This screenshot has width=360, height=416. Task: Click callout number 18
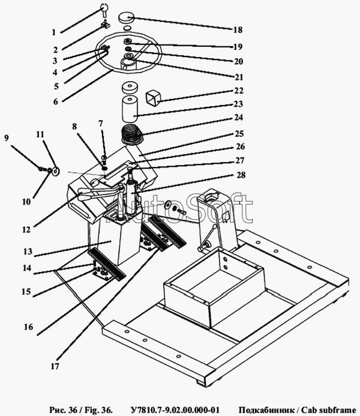(x=238, y=30)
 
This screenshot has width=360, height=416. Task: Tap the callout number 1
(x=54, y=32)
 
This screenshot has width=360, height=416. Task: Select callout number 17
(x=55, y=366)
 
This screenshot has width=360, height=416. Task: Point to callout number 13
(x=28, y=252)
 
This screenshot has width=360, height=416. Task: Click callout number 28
(x=241, y=175)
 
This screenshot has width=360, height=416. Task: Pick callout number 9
(x=7, y=137)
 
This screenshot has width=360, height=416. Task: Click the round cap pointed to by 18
(x=126, y=18)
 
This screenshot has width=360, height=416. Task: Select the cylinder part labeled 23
(x=130, y=109)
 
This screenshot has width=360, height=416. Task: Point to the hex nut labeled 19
(x=127, y=41)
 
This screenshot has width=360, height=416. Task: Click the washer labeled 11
(x=56, y=172)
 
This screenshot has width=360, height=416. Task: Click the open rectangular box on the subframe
(x=214, y=286)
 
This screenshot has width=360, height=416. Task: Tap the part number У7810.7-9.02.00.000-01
(x=175, y=409)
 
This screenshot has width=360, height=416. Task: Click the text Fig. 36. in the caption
(x=98, y=409)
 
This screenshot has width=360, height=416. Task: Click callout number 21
(x=239, y=77)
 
